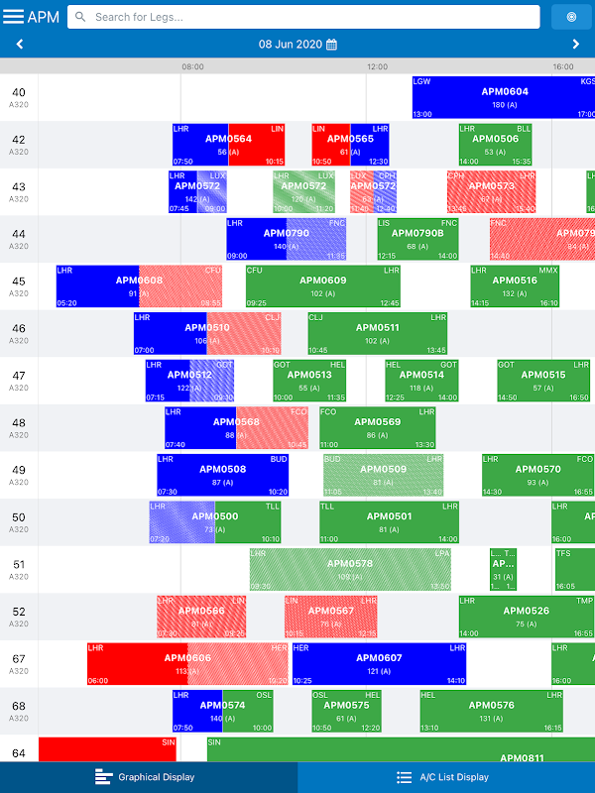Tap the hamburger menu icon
pyautogui.click(x=14, y=17)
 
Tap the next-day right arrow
pyautogui.click(x=576, y=45)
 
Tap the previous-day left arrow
pyautogui.click(x=20, y=45)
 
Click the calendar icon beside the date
pyautogui.click(x=332, y=45)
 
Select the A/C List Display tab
pyautogui.click(x=446, y=777)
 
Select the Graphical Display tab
pyautogui.click(x=149, y=777)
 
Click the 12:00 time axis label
pyautogui.click(x=378, y=66)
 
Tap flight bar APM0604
pyautogui.click(x=504, y=97)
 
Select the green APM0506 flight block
pyautogui.click(x=495, y=144)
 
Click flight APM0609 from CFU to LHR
pyautogui.click(x=322, y=285)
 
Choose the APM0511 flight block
pyautogui.click(x=377, y=333)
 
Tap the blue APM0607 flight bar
pyautogui.click(x=378, y=663)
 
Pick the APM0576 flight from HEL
pyautogui.click(x=490, y=711)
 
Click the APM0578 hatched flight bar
pyautogui.click(x=349, y=568)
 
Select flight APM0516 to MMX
pyautogui.click(x=515, y=285)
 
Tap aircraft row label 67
pyautogui.click(x=19, y=663)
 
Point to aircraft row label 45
pyautogui.click(x=19, y=285)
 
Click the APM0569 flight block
pyautogui.click(x=377, y=427)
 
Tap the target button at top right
pyautogui.click(x=570, y=17)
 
